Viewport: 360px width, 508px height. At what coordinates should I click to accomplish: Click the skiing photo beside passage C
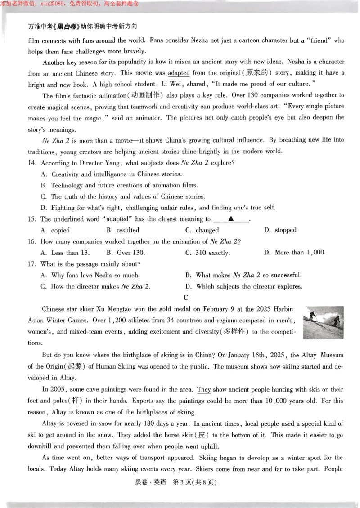pos(324,322)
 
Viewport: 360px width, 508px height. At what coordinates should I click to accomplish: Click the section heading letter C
pos(186,298)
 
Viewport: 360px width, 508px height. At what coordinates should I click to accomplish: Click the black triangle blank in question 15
pos(231,219)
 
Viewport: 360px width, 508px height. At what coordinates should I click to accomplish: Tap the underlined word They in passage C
pos(204,389)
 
